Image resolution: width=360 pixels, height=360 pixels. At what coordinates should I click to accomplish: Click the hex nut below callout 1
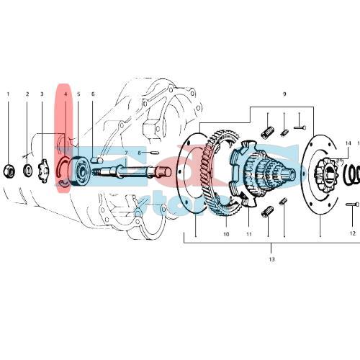coord(10,170)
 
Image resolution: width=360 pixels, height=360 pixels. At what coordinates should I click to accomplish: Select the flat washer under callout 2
coord(27,170)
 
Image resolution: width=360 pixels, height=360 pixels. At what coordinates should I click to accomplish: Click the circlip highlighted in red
coord(63,173)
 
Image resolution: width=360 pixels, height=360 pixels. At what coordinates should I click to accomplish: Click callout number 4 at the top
coord(65,94)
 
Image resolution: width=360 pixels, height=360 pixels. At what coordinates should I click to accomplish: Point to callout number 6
coord(93,94)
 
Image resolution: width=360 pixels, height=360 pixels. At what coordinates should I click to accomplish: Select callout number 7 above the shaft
coord(126,153)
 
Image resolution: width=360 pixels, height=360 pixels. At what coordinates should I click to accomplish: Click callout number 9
coord(284,94)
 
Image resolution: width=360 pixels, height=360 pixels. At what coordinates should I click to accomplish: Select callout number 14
coord(348,143)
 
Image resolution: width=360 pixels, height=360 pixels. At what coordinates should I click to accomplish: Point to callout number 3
coord(42,94)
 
